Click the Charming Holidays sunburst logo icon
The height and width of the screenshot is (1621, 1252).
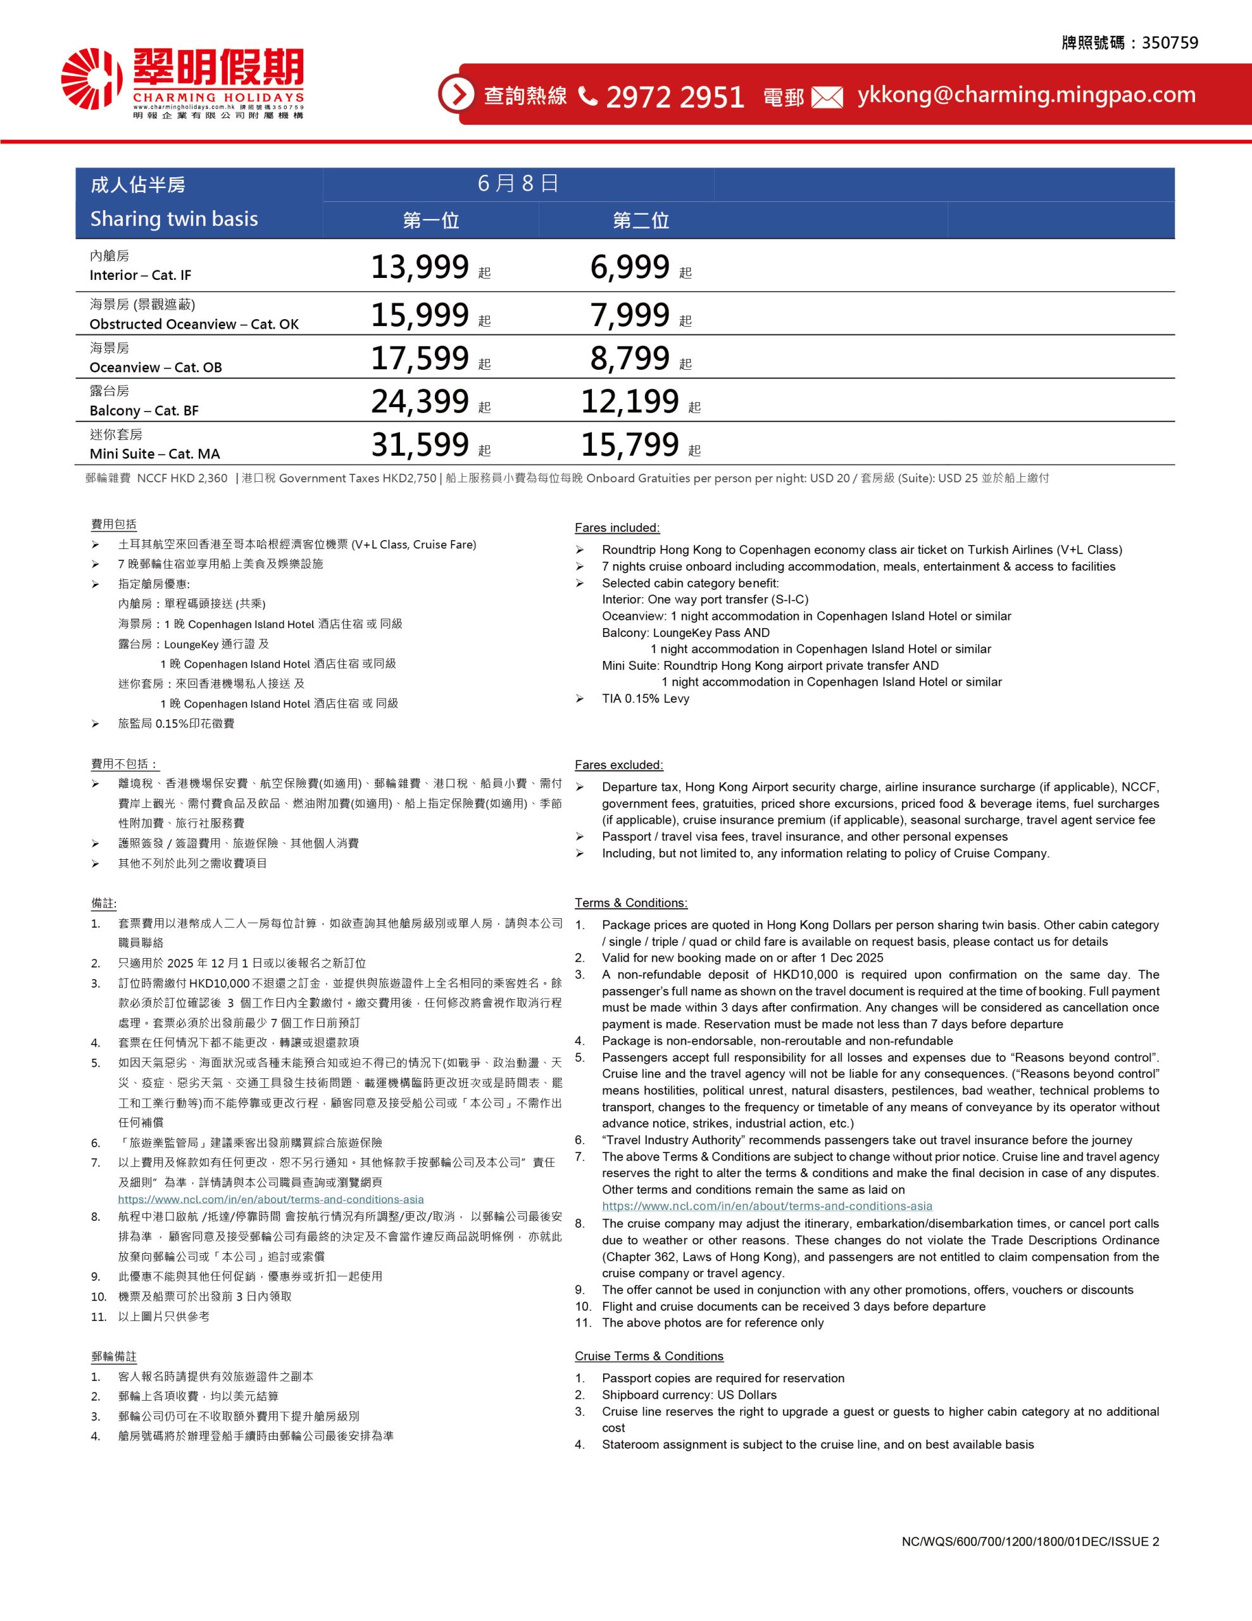[91, 79]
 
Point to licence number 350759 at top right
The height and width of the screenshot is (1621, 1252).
[1170, 43]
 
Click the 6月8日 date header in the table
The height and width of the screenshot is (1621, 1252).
[517, 184]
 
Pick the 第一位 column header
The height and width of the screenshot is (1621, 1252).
[430, 220]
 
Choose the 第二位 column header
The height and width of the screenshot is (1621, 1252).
[641, 220]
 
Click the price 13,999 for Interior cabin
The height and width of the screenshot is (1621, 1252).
[420, 267]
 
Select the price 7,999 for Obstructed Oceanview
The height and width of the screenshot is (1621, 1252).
[630, 315]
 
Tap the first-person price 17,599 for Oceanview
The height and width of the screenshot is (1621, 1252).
[420, 358]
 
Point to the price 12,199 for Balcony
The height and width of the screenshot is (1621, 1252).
[629, 401]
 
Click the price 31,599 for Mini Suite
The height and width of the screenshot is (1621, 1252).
[420, 445]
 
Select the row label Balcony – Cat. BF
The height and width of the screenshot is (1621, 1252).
[144, 410]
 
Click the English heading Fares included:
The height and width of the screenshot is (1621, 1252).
[617, 527]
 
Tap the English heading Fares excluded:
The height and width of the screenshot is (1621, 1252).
[619, 764]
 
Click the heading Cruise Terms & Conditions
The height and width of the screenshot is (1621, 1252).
[649, 1356]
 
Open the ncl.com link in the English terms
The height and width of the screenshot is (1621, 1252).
[767, 1206]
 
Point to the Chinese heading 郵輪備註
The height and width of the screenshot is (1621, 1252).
[113, 1356]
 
